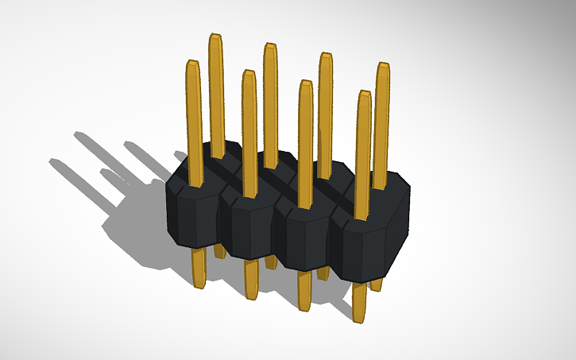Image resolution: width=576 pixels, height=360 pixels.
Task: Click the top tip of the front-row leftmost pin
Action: click(x=191, y=63)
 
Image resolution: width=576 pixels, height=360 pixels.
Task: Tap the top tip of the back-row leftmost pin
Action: click(x=215, y=37)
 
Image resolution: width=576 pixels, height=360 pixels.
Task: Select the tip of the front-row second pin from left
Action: click(x=249, y=73)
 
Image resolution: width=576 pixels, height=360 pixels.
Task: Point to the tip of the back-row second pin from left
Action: click(x=270, y=46)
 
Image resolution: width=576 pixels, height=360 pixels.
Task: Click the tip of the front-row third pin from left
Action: click(x=305, y=83)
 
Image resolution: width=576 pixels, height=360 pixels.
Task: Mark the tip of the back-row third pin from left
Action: click(x=325, y=56)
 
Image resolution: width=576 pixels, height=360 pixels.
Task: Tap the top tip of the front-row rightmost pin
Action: click(x=364, y=94)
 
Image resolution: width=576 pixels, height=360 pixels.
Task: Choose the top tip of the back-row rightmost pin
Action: click(x=382, y=65)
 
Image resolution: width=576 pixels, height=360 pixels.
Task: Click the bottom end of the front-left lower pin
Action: click(x=199, y=284)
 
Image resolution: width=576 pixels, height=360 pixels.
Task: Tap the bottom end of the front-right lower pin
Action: click(x=359, y=319)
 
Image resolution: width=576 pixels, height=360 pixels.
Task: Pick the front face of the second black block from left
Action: click(x=249, y=230)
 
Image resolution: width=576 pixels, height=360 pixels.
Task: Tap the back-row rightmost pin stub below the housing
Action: click(x=377, y=283)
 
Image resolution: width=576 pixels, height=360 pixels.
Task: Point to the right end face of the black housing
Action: click(x=397, y=230)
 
